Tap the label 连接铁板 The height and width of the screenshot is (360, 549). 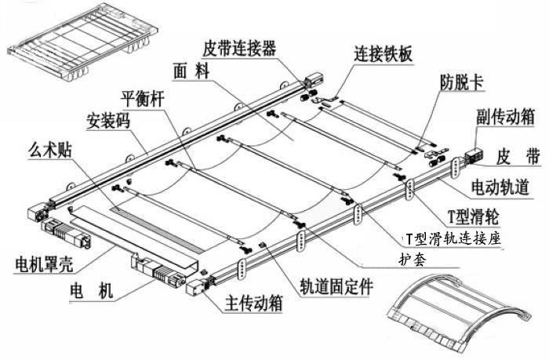[x=384, y=54]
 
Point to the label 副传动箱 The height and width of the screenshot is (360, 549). [x=505, y=117]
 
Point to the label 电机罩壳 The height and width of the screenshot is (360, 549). [x=45, y=260]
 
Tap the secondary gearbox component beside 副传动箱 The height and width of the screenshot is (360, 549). [x=476, y=155]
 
